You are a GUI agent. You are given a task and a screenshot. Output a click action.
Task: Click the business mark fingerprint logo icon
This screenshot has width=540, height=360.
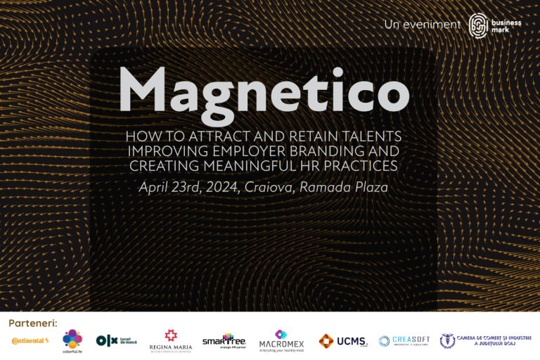click(480, 25)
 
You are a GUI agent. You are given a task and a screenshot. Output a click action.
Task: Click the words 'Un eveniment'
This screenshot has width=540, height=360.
click(422, 25)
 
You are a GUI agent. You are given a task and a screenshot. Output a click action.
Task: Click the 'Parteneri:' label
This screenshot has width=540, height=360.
click(32, 323)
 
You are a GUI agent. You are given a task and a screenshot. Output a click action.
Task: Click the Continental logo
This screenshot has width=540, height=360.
click(30, 341)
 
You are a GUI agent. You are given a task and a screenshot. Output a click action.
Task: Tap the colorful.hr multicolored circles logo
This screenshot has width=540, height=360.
click(72, 340)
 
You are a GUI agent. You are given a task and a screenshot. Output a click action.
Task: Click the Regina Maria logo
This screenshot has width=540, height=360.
click(171, 341)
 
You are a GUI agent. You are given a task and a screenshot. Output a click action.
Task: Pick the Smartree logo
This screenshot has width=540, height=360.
click(224, 341)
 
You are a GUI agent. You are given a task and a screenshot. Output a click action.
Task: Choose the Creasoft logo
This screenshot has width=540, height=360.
click(404, 341)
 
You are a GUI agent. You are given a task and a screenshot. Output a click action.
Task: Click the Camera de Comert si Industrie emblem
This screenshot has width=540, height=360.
click(448, 341)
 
